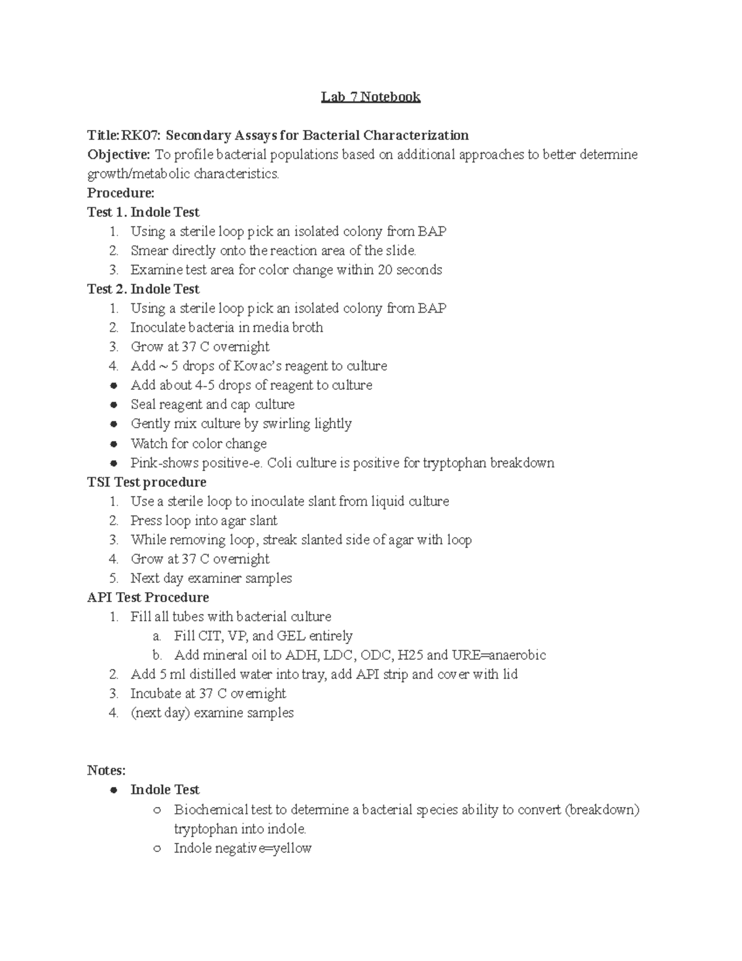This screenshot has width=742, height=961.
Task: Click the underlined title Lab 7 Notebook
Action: tap(370, 97)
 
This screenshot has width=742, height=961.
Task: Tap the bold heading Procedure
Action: tap(121, 193)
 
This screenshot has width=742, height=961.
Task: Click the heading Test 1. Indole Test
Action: tap(143, 212)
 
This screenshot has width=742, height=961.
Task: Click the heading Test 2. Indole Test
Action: tap(143, 289)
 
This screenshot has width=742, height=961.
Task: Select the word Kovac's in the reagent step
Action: tap(258, 366)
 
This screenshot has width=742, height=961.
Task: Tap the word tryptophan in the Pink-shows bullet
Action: tap(454, 463)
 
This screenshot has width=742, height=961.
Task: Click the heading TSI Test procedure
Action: tap(147, 482)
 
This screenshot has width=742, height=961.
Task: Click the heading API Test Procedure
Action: tap(148, 597)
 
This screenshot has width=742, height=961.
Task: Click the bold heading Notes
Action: tap(106, 770)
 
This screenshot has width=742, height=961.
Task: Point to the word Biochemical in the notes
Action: tap(213, 809)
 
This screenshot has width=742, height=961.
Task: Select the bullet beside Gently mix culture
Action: tap(114, 424)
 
